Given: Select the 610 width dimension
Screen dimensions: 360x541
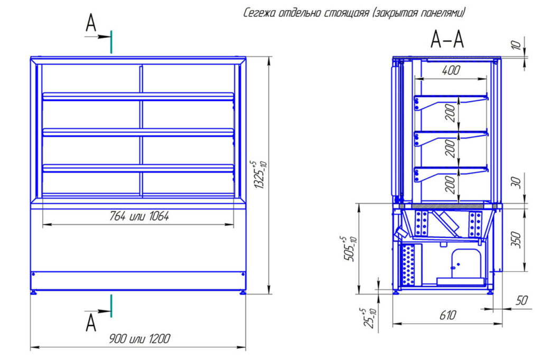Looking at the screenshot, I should (447, 316).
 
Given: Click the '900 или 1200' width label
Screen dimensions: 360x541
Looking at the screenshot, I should (141, 339).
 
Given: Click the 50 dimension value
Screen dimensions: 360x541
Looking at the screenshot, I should (522, 301).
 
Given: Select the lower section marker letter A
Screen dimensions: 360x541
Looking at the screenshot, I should (91, 322).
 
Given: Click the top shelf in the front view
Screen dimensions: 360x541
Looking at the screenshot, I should (138, 97).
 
